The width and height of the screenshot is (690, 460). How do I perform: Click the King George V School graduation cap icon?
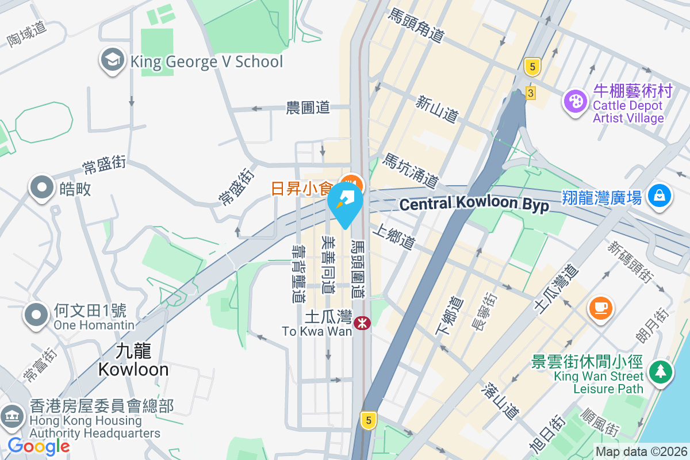113,60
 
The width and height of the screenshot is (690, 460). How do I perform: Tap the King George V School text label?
207,62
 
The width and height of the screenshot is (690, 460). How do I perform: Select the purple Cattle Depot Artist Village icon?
575,102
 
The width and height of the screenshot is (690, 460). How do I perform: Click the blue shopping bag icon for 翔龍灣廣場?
660,196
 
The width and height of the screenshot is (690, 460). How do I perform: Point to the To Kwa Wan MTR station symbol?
362,324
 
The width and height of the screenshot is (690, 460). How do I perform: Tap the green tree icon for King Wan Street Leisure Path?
660,371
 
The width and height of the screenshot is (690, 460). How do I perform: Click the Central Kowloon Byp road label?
474,204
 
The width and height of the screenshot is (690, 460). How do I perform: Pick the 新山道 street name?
437,109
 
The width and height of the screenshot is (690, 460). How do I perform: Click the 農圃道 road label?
308,108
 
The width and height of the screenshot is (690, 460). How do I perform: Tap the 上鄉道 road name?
393,237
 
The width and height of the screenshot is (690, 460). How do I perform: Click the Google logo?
39,446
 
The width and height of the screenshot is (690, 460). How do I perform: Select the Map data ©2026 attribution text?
641,452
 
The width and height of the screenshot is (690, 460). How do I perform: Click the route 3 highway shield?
530,93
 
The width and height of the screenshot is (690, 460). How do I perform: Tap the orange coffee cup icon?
601,306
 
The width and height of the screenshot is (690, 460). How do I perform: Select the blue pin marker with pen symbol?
346,204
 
